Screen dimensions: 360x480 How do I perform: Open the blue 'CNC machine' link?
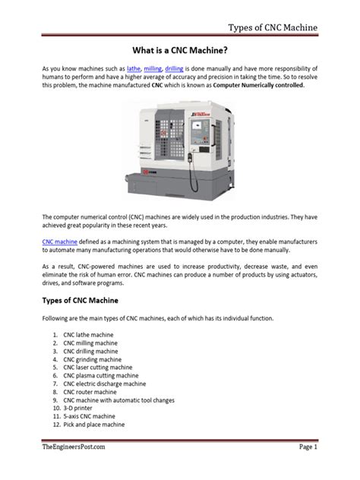pyautogui.click(x=60, y=240)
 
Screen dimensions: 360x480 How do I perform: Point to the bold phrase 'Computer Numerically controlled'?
pyautogui.click(x=259, y=86)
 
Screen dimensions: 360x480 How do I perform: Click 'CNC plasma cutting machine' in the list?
pyautogui.click(x=101, y=375)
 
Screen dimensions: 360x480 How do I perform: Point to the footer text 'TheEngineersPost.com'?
pyautogui.click(x=74, y=447)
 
